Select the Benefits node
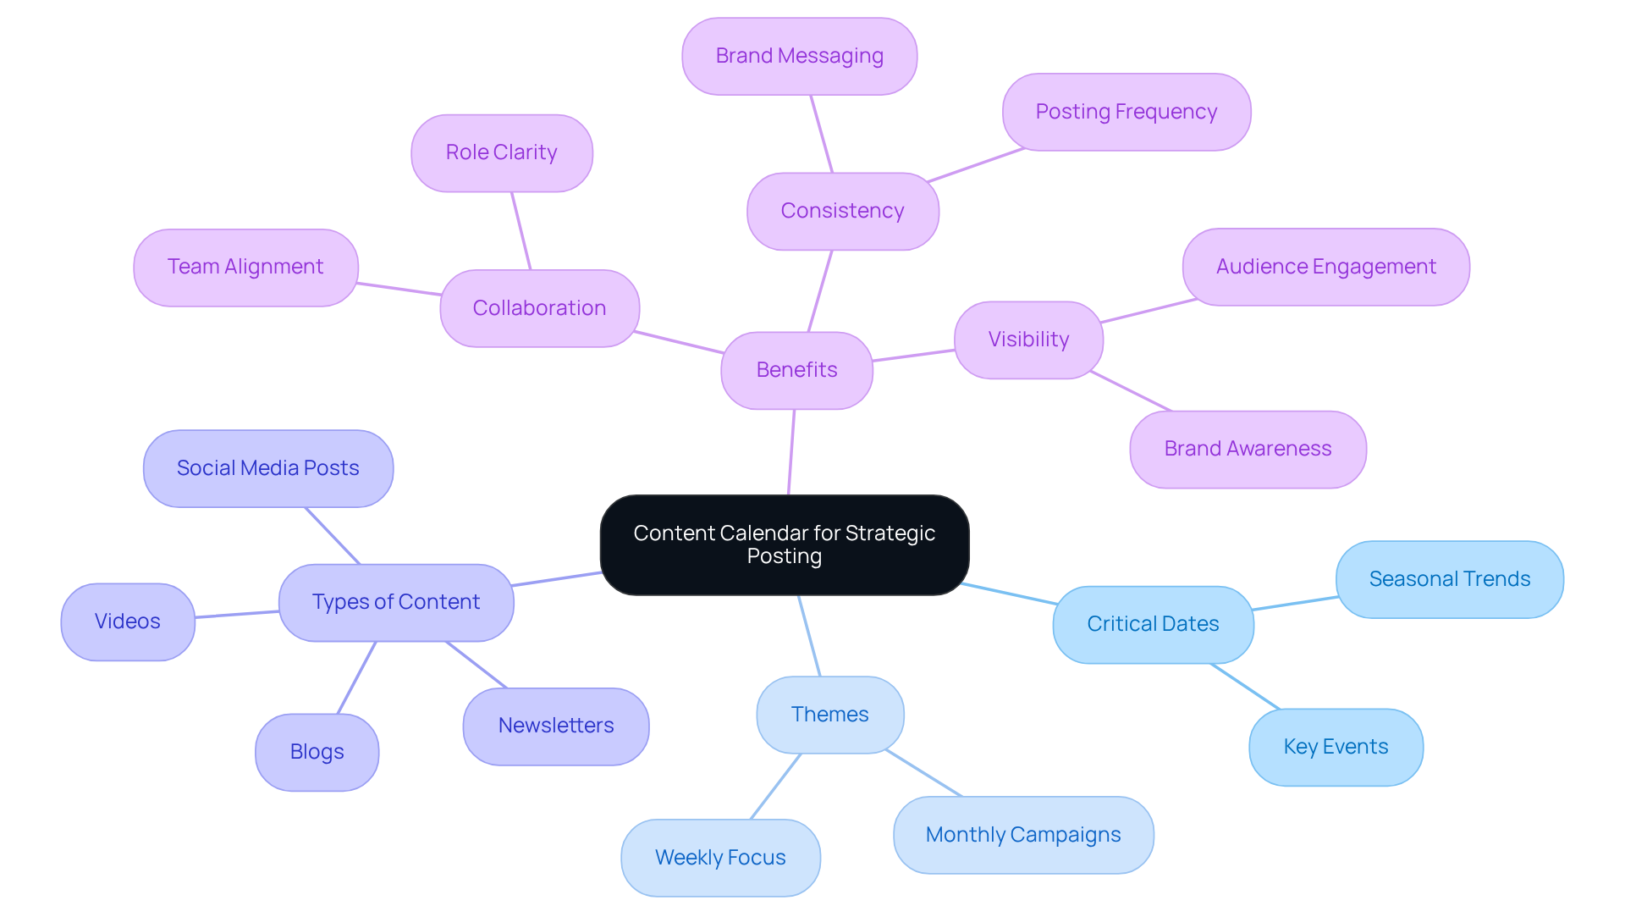click(x=796, y=370)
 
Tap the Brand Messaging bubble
click(x=799, y=56)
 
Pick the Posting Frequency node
click(x=1126, y=112)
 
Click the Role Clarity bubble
click(x=501, y=152)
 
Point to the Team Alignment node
click(x=245, y=267)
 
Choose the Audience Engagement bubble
click(x=1325, y=267)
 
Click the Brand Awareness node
click(x=1248, y=449)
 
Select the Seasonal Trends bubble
click(x=1449, y=579)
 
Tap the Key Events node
click(x=1336, y=747)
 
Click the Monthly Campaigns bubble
click(x=1022, y=835)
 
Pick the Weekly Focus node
click(x=720, y=858)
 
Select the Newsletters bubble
click(x=556, y=726)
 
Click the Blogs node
click(x=317, y=752)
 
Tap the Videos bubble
click(x=128, y=621)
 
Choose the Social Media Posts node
click(x=267, y=468)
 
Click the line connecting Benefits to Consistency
click(x=820, y=290)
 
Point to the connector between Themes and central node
click(x=809, y=635)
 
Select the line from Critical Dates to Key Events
click(x=1245, y=686)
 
